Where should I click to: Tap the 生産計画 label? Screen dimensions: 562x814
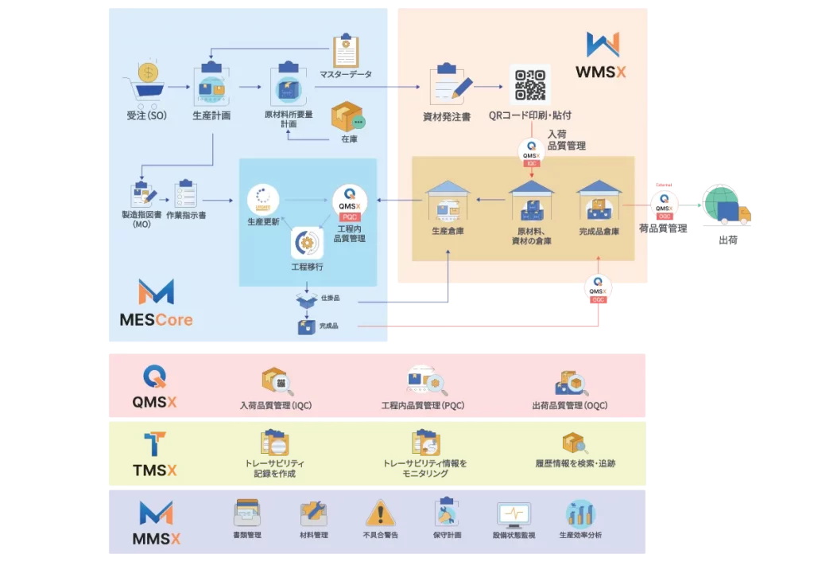click(211, 115)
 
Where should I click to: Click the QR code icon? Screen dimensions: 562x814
click(530, 85)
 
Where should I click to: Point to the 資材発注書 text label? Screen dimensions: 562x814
click(446, 117)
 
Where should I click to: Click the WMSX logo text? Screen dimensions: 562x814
click(601, 72)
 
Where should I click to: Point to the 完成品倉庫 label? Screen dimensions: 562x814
click(599, 232)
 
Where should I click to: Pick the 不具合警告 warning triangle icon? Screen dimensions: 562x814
click(380, 513)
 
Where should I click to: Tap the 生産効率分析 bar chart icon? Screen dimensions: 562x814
click(580, 514)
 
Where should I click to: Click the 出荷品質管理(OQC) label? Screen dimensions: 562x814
click(569, 405)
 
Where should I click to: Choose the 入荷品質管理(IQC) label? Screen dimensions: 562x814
click(276, 405)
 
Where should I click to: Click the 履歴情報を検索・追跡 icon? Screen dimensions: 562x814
click(575, 444)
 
